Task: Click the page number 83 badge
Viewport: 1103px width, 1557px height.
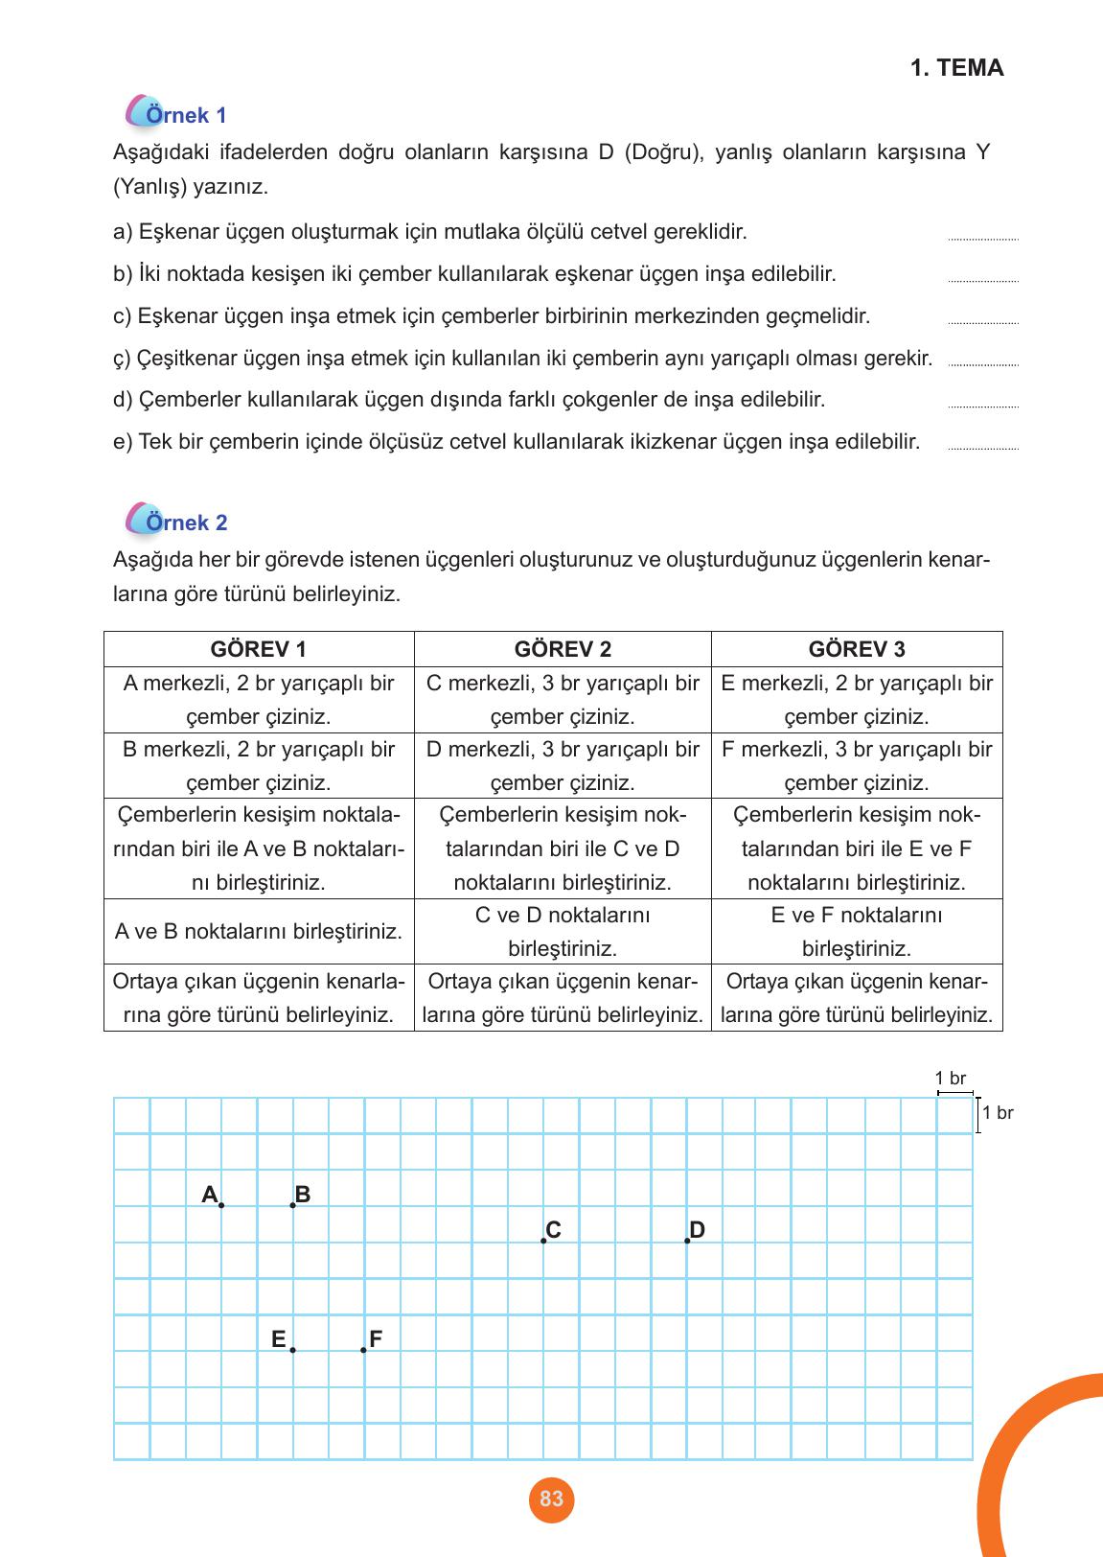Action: tap(551, 1499)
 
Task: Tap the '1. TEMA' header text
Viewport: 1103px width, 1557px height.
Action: tap(956, 68)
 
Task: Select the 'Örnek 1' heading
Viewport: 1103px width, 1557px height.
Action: tap(186, 115)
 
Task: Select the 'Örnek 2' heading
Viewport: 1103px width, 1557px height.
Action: tap(186, 523)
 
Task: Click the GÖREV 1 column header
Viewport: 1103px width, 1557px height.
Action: tap(258, 649)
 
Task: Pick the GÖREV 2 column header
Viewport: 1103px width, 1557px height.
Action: tap(563, 649)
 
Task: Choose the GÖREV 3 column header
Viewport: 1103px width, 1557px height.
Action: tap(857, 649)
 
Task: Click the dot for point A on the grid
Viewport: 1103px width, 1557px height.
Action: tap(221, 1205)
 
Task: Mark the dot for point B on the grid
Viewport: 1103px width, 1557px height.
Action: tap(292, 1205)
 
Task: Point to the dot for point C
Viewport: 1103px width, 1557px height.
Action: tap(543, 1241)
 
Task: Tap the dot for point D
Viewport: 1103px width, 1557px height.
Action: tap(687, 1241)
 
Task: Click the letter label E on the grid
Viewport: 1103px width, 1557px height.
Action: tap(278, 1339)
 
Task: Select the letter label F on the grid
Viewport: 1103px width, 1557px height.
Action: tap(376, 1339)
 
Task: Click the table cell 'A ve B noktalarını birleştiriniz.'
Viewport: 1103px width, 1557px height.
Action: tap(258, 931)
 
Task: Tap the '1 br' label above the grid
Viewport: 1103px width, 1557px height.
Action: tap(951, 1079)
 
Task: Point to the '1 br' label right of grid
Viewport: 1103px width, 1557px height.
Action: tap(998, 1113)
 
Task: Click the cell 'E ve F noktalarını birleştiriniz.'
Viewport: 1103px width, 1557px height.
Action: tap(857, 931)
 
